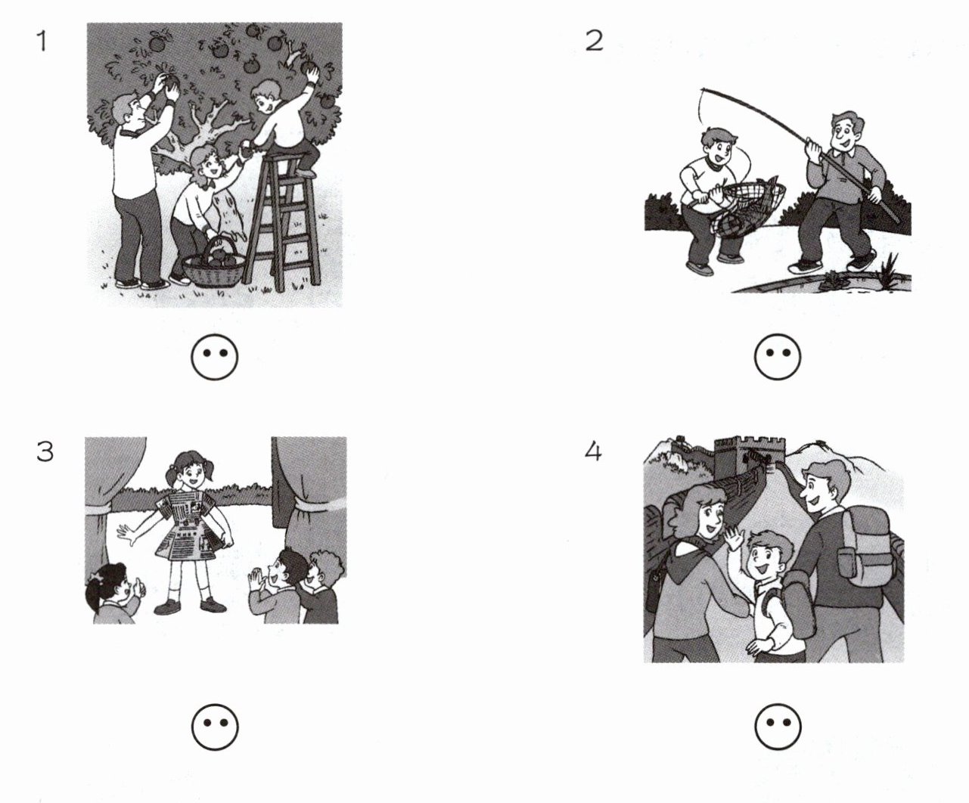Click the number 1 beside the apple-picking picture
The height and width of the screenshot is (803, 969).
point(42,41)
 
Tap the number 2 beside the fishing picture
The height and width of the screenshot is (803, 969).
point(595,41)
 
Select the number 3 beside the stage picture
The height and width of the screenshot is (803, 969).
point(45,452)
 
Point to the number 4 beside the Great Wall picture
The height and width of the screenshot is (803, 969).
point(593,452)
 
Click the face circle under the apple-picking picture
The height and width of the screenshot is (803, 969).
point(215,357)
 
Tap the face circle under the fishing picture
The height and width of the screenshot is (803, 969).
point(778,357)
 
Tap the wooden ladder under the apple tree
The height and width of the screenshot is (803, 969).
point(283,222)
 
